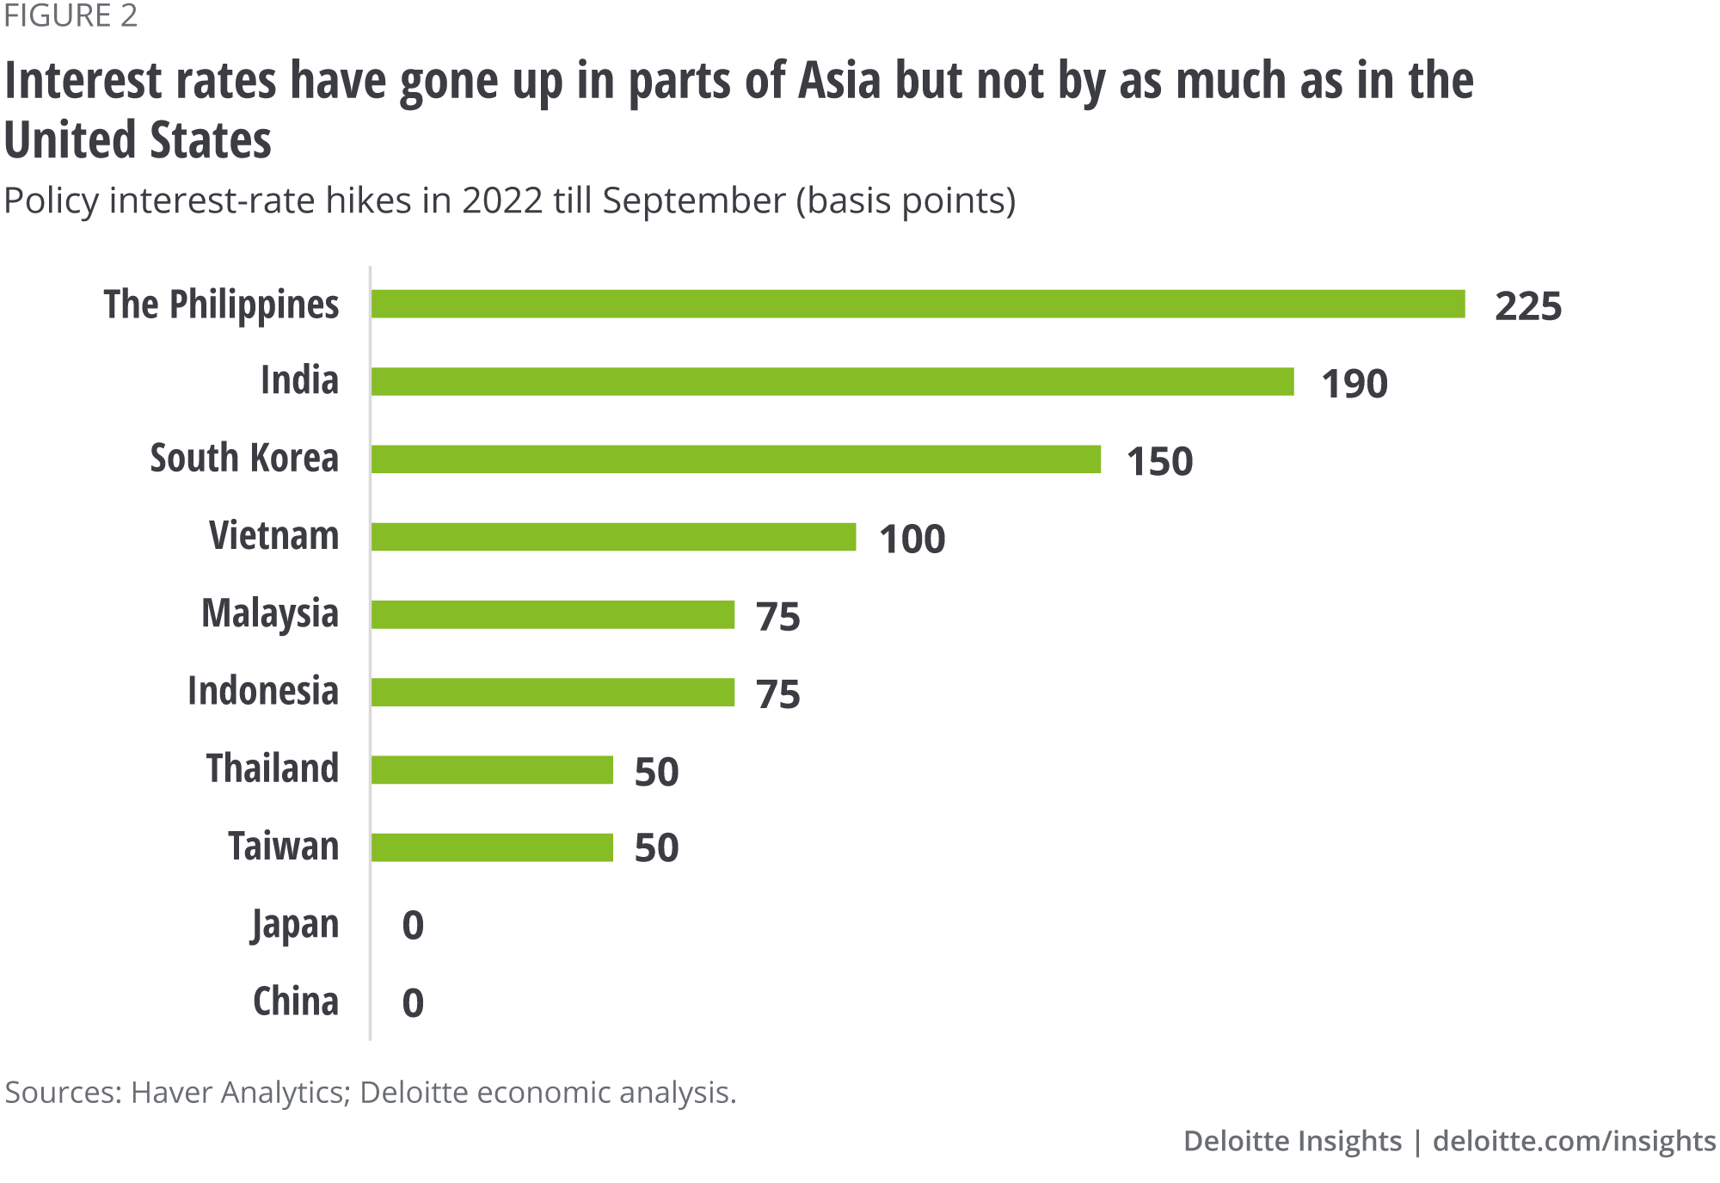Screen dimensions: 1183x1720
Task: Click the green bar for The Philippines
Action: click(918, 305)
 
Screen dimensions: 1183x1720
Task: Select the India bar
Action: click(832, 382)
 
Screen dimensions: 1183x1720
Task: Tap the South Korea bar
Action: click(736, 459)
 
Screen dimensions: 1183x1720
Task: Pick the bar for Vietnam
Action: click(614, 537)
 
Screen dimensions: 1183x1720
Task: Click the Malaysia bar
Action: click(553, 615)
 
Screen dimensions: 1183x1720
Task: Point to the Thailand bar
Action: click(492, 770)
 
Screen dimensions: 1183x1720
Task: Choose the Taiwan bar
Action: click(492, 847)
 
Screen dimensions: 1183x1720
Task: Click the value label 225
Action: click(1527, 306)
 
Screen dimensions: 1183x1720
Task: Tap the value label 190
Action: click(1354, 384)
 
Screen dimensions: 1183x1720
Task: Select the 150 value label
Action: click(1159, 461)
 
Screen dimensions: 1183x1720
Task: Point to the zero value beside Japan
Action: click(413, 926)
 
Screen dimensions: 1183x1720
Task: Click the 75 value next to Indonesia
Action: click(777, 694)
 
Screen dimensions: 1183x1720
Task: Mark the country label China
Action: click(296, 1001)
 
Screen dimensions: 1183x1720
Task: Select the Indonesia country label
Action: click(263, 691)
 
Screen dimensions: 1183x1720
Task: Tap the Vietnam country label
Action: click(274, 536)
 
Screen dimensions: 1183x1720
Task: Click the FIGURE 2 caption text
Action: click(71, 16)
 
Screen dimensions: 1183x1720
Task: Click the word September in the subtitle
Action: click(693, 200)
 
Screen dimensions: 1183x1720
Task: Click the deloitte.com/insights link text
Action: click(1574, 1141)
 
